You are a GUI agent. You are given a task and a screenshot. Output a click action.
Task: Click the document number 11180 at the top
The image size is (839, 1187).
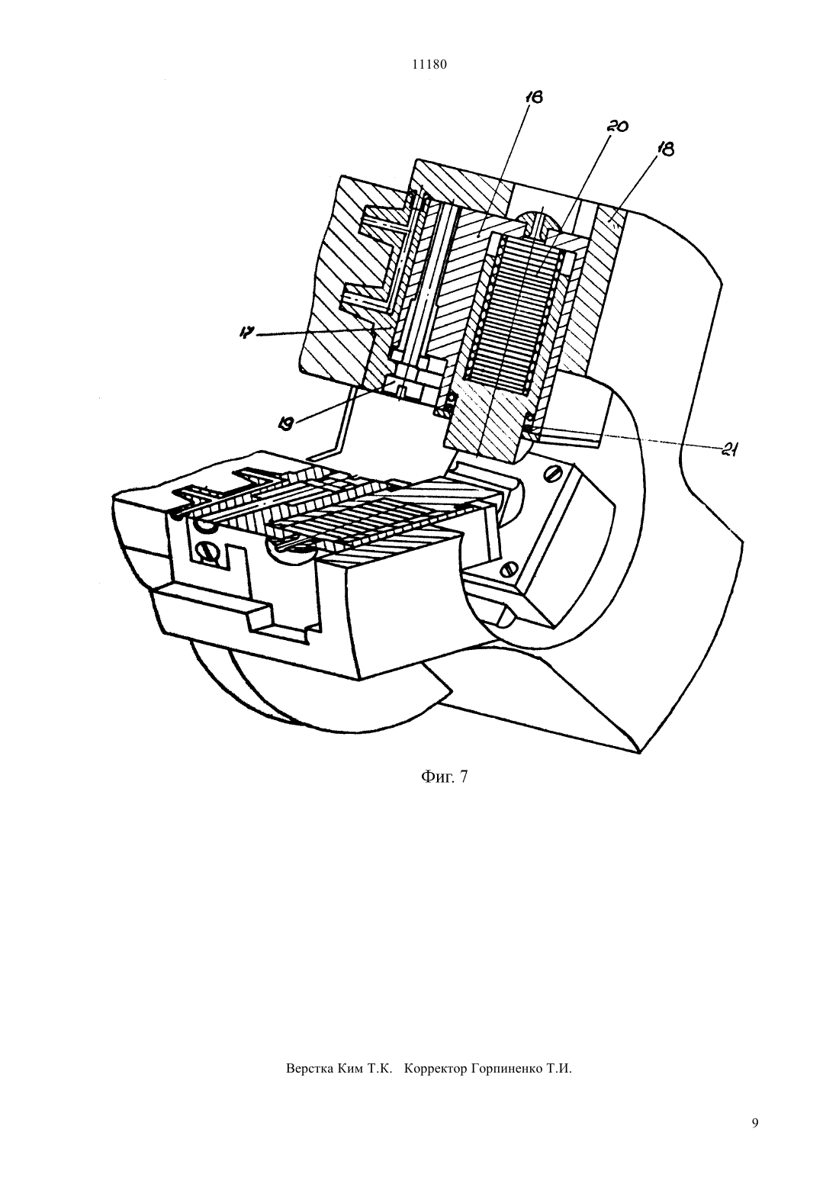[429, 65]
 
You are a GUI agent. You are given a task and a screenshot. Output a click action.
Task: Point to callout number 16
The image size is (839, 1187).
[535, 98]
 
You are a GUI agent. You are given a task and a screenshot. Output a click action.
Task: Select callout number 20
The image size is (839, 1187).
[617, 126]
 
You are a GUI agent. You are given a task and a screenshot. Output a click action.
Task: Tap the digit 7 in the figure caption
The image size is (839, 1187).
[464, 777]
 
